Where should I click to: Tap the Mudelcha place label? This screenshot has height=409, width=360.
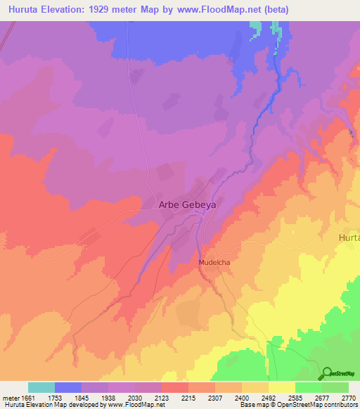pyautogui.click(x=214, y=262)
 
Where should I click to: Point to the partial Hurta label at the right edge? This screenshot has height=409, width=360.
pyautogui.click(x=349, y=238)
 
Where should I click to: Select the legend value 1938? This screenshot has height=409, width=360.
pyautogui.click(x=108, y=397)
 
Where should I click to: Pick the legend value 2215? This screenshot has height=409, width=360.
pyautogui.click(x=188, y=397)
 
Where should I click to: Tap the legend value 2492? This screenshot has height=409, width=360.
pyautogui.click(x=268, y=397)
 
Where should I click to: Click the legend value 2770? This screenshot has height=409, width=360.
pyautogui.click(x=348, y=397)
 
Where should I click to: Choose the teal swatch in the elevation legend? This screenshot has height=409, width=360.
pyautogui.click(x=41, y=387)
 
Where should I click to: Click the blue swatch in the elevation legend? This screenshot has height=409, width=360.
pyautogui.click(x=68, y=387)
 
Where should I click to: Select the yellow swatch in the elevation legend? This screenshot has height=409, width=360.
pyautogui.click(x=282, y=387)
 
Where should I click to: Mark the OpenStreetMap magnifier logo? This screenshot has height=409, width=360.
pyautogui.click(x=327, y=373)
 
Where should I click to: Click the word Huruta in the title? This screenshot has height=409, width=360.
pyautogui.click(x=23, y=10)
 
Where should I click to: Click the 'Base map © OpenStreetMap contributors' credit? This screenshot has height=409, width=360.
pyautogui.click(x=298, y=405)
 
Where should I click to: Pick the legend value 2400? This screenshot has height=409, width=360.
pyautogui.click(x=241, y=397)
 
